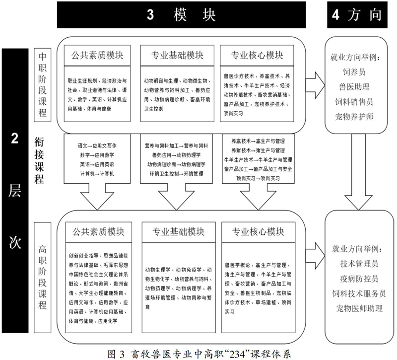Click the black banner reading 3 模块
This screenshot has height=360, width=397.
point(181,15)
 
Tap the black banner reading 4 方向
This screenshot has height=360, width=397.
point(357,15)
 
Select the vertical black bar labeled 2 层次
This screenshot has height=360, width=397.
point(15,191)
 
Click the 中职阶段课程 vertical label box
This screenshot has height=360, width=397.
point(43,84)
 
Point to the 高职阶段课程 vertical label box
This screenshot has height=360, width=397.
point(43,278)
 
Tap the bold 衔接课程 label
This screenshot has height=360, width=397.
point(39,161)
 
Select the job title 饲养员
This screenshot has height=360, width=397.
point(354,72)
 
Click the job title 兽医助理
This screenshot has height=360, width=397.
point(354,87)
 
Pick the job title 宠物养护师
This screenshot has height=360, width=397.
point(354,117)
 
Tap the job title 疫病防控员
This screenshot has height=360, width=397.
point(359,279)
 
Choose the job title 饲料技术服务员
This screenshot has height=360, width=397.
point(359,293)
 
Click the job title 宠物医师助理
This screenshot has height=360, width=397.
point(359,308)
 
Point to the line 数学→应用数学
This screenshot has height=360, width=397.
point(97,155)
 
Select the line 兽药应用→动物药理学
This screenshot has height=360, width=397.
point(176,155)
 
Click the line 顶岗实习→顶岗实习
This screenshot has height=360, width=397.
point(258,178)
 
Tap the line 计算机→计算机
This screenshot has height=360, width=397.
point(97,174)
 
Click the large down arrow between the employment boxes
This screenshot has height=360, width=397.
point(358,172)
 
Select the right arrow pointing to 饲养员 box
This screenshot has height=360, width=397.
point(315,85)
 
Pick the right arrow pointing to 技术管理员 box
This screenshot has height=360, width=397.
point(315,255)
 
